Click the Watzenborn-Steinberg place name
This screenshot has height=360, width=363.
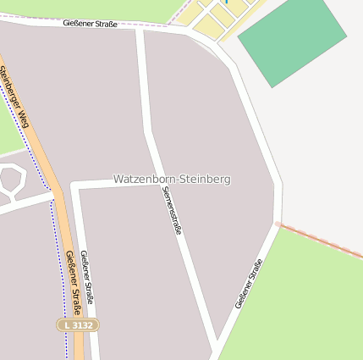coord(172,180)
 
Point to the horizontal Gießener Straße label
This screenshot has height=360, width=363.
coord(90,24)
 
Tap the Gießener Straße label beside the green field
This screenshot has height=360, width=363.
coord(248,283)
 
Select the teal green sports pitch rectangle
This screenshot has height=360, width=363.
coord(292,42)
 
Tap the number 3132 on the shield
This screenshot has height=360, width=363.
coord(83,324)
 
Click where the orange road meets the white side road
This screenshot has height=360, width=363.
coord(56,194)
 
